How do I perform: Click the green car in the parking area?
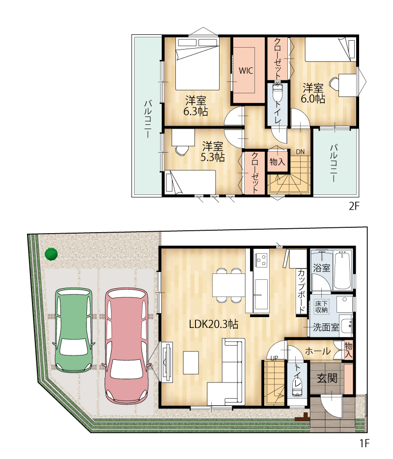pos(74,330)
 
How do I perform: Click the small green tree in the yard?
pos(51,254)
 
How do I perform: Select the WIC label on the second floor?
pos(246,71)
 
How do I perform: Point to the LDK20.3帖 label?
pos(214,324)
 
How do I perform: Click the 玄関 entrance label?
pos(327,378)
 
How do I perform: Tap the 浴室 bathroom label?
pos(322,268)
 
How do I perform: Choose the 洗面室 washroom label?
pos(326,327)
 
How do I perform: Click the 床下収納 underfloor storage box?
pos(321,306)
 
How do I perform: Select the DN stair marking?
pos(300,152)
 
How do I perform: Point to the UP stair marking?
pos(274,358)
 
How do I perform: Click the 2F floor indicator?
pos(354,206)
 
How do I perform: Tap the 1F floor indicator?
pos(365,443)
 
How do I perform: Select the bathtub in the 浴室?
pos(342,270)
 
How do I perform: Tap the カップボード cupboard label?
pos(301,291)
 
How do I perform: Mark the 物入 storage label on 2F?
pos(277,162)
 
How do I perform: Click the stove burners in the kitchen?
pos(261,260)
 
